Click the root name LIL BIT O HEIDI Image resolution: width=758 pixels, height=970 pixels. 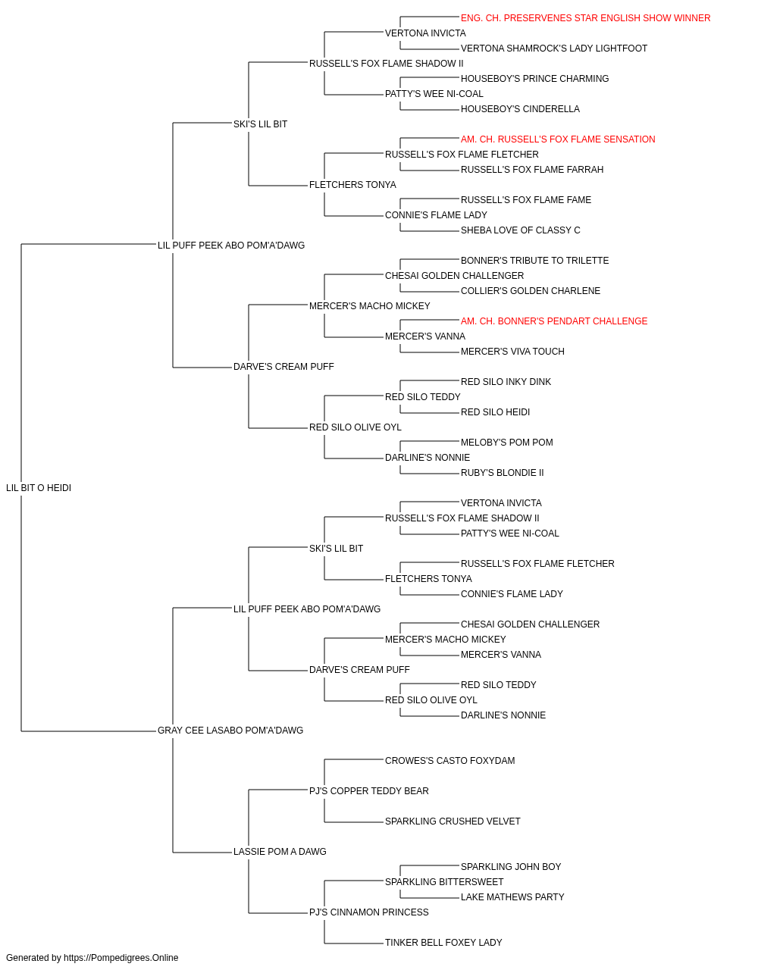[39, 488]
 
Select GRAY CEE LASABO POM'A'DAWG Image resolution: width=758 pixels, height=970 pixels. [230, 731]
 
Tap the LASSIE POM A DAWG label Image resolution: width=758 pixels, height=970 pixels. [280, 852]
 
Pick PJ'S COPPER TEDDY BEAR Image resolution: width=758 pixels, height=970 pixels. [368, 791]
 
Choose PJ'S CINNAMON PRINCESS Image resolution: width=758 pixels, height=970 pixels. [368, 912]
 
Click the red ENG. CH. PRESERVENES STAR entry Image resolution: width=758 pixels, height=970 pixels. [585, 18]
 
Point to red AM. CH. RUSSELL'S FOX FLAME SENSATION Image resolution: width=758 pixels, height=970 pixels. [558, 139]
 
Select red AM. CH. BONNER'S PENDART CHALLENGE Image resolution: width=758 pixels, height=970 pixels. [554, 321]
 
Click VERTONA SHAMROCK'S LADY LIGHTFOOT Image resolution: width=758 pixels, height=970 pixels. [554, 48]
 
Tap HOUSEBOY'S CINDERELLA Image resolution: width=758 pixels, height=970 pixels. [520, 109]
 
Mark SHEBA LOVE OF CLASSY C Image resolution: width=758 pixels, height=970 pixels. [521, 230]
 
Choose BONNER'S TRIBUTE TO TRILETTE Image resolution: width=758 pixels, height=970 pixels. [535, 261]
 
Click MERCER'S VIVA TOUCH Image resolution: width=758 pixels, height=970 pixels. [512, 352]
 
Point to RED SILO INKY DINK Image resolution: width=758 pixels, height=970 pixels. [506, 382]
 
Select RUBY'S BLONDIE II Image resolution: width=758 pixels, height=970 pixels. [503, 473]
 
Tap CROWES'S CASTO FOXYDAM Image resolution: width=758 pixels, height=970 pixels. [450, 761]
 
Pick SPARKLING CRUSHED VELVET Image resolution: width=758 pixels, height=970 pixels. [453, 821]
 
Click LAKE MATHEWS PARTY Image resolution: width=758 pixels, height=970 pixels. [512, 897]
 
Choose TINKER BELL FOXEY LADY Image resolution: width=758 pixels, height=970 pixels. [443, 943]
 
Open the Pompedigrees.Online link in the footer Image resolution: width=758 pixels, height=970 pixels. [121, 958]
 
